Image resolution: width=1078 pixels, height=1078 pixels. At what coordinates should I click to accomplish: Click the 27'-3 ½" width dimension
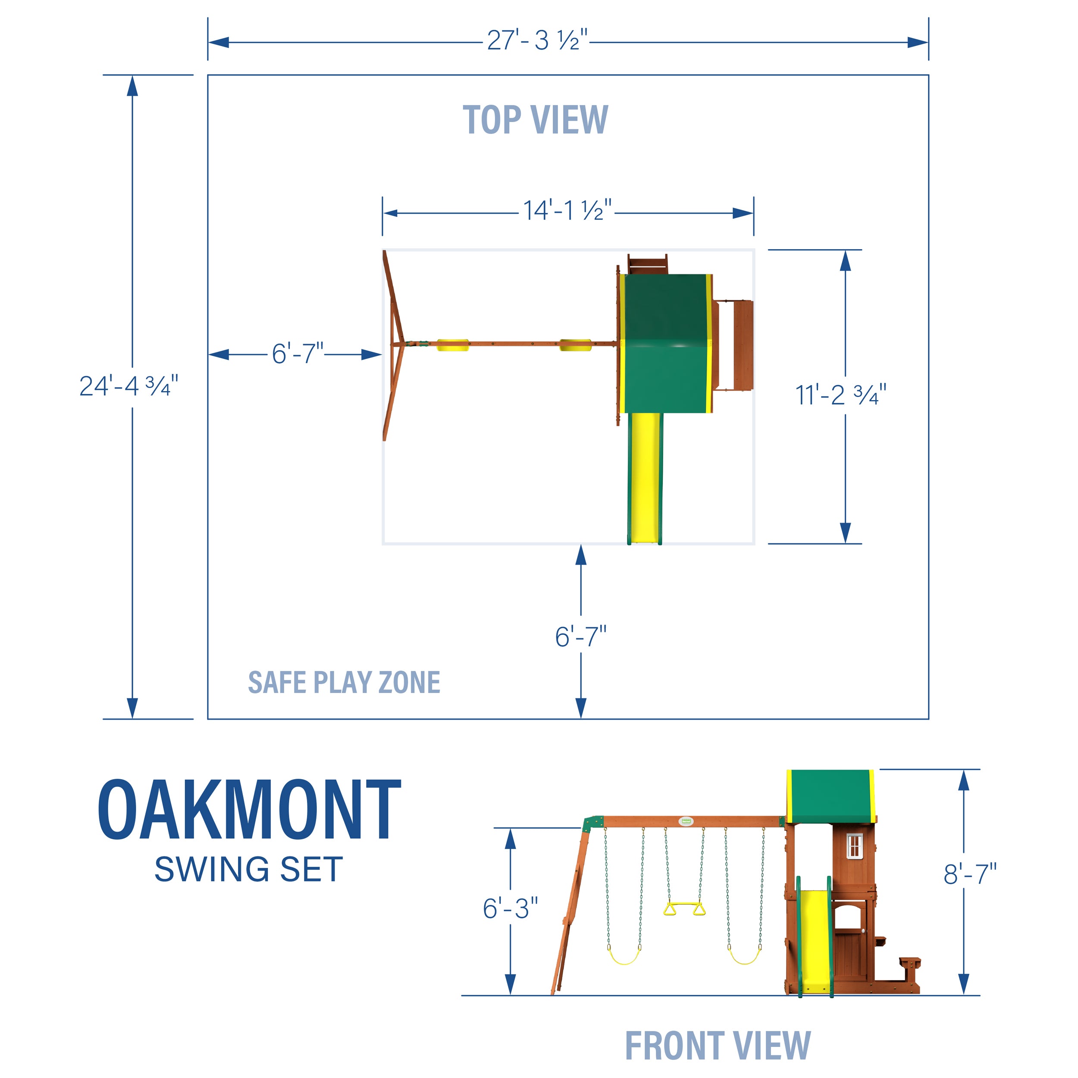pyautogui.click(x=537, y=41)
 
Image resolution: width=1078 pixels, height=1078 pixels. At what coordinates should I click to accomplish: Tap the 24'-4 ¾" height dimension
pyautogui.click(x=128, y=386)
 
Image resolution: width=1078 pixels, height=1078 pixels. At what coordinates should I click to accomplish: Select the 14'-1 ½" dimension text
pyautogui.click(x=567, y=211)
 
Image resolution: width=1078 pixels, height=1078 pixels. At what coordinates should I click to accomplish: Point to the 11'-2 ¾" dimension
pyautogui.click(x=840, y=395)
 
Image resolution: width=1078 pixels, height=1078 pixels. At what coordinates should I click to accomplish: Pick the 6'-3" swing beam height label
pyautogui.click(x=510, y=909)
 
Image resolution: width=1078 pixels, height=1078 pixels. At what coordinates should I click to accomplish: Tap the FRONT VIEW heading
pyautogui.click(x=718, y=1046)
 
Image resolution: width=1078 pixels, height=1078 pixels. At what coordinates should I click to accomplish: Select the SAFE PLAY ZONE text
pyautogui.click(x=344, y=683)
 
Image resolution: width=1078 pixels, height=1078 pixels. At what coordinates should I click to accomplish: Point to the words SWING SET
pyautogui.click(x=249, y=869)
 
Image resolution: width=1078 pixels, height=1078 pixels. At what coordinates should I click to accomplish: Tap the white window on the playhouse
pyautogui.click(x=854, y=846)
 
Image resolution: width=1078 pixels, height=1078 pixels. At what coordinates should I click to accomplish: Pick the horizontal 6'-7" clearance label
pyautogui.click(x=298, y=354)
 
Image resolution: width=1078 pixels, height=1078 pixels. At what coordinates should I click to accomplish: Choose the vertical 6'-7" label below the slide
pyautogui.click(x=580, y=636)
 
